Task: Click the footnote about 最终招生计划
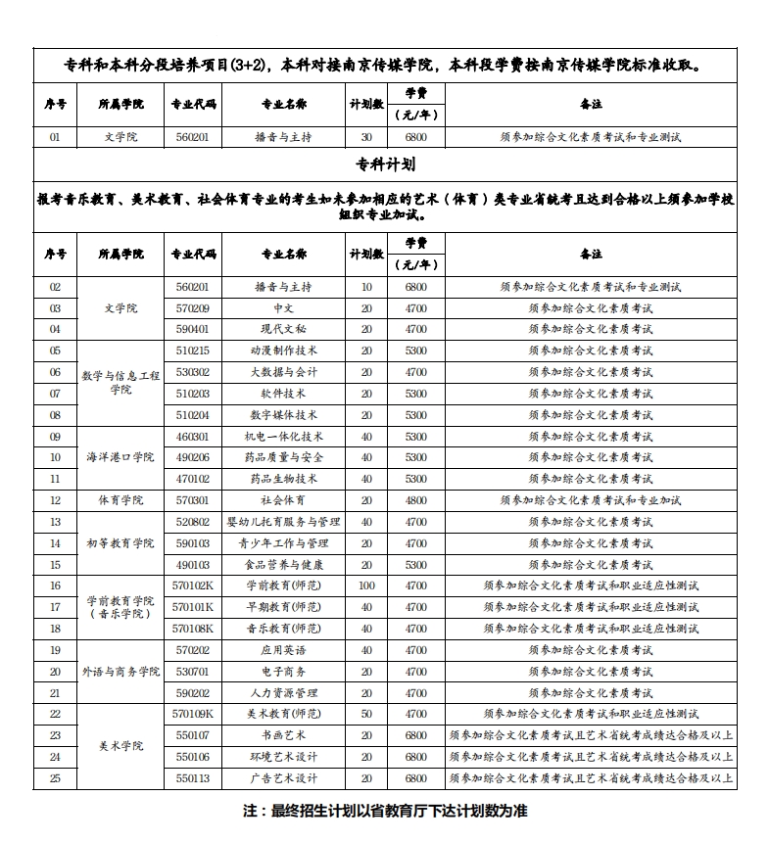385,812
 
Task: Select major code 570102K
193,585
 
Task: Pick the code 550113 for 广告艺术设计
193,778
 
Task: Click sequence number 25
55,778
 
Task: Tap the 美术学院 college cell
120,746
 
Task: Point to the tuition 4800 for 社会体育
416,500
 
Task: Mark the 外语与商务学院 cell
120,672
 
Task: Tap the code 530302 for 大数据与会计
193,372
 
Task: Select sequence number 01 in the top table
55,137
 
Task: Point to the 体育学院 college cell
120,500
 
